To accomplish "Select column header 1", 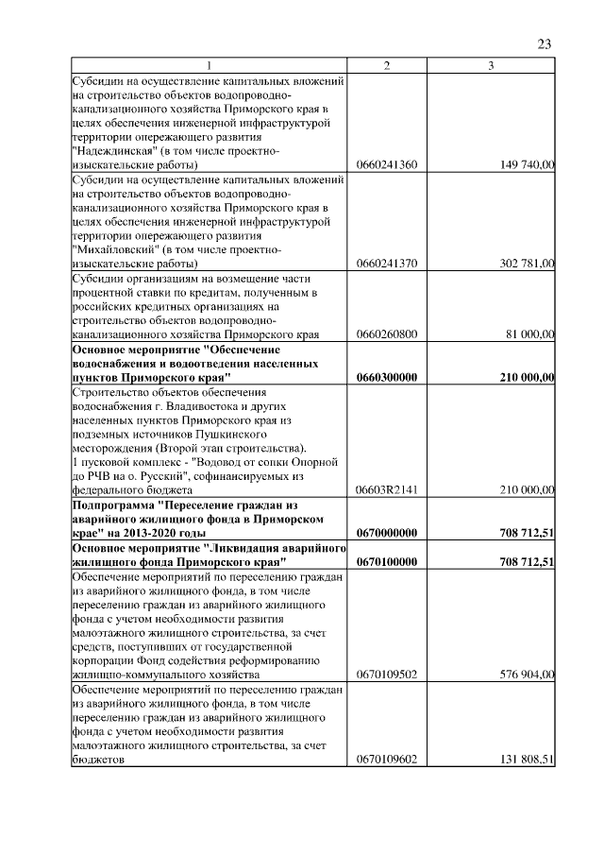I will pyautogui.click(x=210, y=65).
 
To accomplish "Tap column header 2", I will pyautogui.click(x=387, y=65).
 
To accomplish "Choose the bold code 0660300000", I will pyautogui.click(x=387, y=377).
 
